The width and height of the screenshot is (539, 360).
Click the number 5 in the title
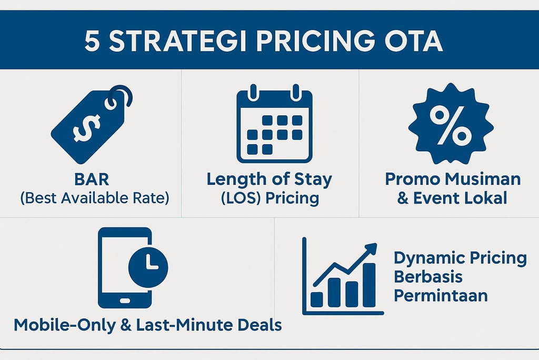(92, 41)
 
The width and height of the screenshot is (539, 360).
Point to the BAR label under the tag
(92, 179)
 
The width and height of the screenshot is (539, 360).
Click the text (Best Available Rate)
(95, 198)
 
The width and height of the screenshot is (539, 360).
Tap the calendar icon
(274, 124)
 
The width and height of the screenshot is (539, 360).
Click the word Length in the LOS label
(237, 179)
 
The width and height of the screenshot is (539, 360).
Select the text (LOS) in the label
(240, 198)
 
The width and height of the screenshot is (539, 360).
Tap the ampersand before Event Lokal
(403, 198)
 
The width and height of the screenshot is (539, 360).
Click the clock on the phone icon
(148, 267)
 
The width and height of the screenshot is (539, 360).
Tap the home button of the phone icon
(125, 301)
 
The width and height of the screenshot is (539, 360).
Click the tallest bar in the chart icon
(369, 285)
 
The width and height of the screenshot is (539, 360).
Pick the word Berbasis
(428, 277)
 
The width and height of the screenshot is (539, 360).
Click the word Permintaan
(441, 296)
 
